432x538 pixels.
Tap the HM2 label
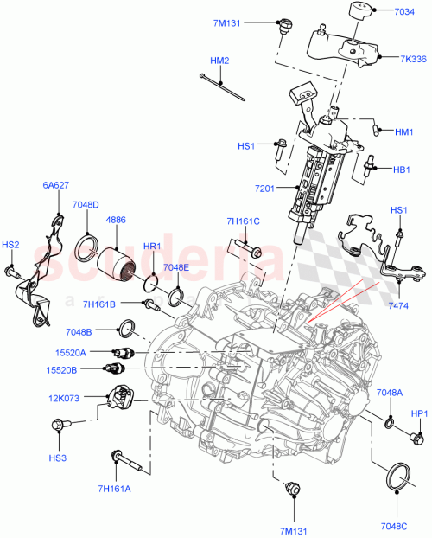[219, 61]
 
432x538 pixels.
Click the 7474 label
[399, 305]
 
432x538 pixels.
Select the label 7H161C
[243, 221]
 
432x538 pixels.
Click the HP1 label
[419, 414]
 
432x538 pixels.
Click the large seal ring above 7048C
[397, 477]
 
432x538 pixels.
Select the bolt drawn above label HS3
[62, 425]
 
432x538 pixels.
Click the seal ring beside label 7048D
[87, 249]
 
